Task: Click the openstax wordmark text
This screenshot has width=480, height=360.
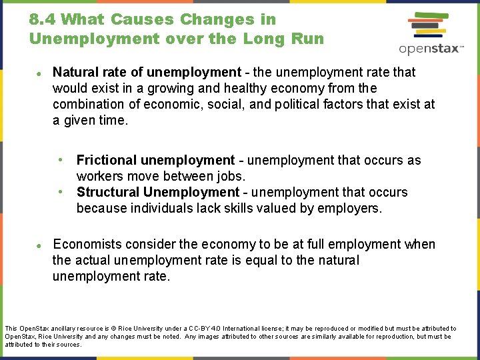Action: tap(431, 49)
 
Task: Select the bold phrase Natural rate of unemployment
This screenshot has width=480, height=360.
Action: tap(147, 72)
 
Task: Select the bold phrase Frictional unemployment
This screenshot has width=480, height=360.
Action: tap(155, 160)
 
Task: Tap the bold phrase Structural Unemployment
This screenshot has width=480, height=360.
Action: tap(157, 192)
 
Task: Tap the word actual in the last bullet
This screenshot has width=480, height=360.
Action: tap(93, 260)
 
